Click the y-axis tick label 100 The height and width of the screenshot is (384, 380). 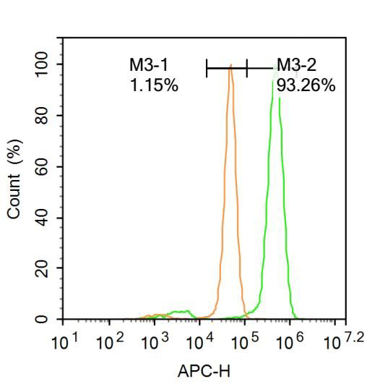[x=47, y=64]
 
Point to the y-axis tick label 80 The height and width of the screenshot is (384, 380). [x=47, y=116]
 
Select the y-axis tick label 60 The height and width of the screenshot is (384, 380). [x=47, y=167]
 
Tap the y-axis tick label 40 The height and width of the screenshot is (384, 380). [x=47, y=218]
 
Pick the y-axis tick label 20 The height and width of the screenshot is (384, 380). [x=47, y=269]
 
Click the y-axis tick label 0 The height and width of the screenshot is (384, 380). [x=47, y=320]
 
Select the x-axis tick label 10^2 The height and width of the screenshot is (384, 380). [x=109, y=341]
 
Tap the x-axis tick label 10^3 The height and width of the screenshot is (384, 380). [x=155, y=341]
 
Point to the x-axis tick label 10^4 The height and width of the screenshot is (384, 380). [x=200, y=341]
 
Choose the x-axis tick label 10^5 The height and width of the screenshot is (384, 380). [x=245, y=341]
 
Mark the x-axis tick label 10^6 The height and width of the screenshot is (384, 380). [x=290, y=341]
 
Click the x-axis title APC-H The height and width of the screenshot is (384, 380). [x=204, y=371]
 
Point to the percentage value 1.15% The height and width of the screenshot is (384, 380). [x=154, y=86]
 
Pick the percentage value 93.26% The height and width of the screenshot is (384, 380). [x=306, y=86]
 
